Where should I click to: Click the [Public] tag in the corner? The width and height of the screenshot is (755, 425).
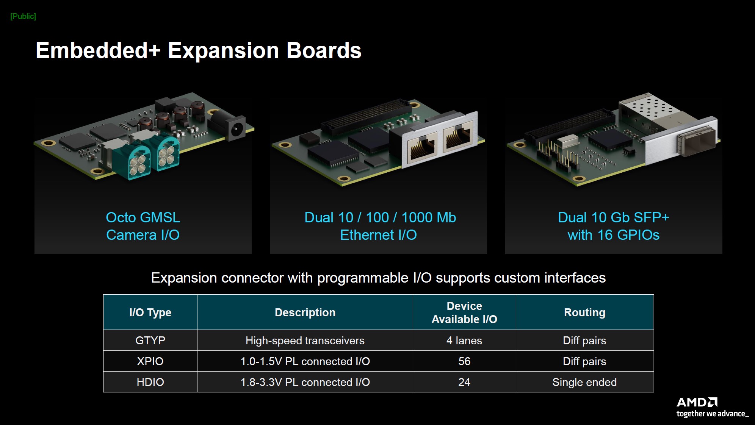click(23, 16)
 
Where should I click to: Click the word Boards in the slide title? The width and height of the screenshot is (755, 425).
click(324, 50)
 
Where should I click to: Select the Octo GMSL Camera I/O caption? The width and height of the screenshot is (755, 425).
click(143, 226)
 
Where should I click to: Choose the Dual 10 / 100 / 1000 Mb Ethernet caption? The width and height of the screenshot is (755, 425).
click(380, 226)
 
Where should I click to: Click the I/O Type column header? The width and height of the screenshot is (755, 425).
click(150, 312)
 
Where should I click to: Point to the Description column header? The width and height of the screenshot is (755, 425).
click(305, 312)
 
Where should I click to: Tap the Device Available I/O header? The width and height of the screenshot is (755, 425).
click(464, 312)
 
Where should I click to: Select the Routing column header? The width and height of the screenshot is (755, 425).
click(584, 312)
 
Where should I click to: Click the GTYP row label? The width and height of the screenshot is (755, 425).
click(150, 341)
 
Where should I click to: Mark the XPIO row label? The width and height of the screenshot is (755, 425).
click(150, 361)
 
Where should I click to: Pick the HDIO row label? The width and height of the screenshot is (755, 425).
click(150, 382)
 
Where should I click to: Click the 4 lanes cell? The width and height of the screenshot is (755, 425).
click(464, 341)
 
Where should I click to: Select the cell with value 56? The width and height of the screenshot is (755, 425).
click(464, 361)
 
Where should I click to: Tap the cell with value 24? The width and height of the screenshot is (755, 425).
click(464, 382)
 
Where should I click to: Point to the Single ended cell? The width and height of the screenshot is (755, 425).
click(584, 382)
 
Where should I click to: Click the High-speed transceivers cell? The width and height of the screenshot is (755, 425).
click(305, 341)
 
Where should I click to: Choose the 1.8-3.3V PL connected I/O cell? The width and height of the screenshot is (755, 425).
click(305, 382)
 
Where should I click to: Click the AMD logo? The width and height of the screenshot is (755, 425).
click(697, 402)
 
